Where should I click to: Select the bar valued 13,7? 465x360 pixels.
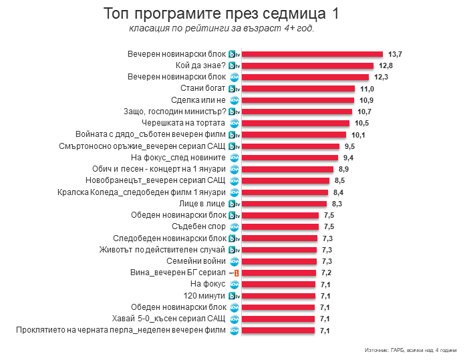[x=311, y=54]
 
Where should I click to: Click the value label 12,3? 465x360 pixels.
[x=381, y=77]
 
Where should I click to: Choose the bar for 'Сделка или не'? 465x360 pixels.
[x=297, y=100]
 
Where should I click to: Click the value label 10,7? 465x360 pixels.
[x=364, y=112]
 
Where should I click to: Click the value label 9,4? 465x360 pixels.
[x=348, y=158]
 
